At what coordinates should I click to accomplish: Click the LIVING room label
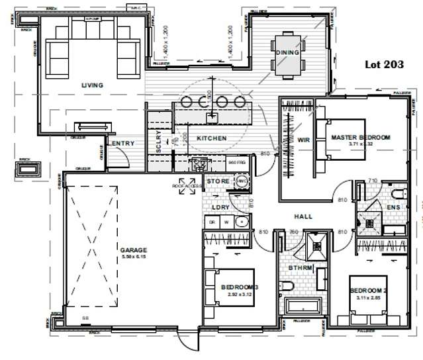(93, 85)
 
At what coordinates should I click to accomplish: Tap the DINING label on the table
(288, 52)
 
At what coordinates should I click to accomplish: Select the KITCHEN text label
(212, 138)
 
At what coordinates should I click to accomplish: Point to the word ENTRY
(122, 144)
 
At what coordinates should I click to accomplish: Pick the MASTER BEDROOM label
(361, 137)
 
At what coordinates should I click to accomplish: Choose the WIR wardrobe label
(304, 140)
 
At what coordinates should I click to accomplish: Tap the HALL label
(303, 216)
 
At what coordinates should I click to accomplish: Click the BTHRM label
(300, 267)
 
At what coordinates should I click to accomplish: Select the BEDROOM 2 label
(368, 291)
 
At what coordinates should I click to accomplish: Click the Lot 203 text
(385, 65)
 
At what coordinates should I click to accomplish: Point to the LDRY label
(220, 207)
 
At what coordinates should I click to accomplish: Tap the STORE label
(218, 181)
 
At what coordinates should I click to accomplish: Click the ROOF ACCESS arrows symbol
(188, 181)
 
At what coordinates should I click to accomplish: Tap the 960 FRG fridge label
(237, 161)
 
